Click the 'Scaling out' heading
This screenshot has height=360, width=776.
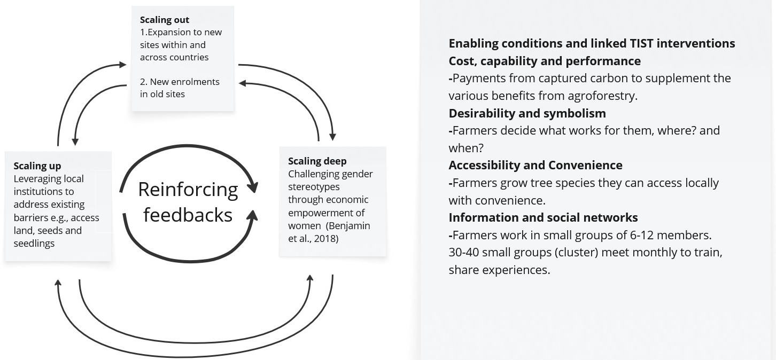click(x=165, y=20)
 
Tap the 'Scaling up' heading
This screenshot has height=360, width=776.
click(x=37, y=166)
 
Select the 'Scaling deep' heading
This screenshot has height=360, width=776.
click(x=317, y=161)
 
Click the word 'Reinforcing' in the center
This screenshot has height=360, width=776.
click(x=188, y=189)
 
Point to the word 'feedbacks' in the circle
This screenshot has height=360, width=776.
click(x=188, y=214)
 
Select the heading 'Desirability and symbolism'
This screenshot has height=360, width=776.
click(x=527, y=113)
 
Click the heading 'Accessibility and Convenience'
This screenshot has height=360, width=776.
click(x=536, y=165)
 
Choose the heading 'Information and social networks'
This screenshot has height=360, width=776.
click(x=543, y=217)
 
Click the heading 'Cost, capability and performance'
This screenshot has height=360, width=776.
click(x=545, y=61)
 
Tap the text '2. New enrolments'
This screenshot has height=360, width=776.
click(x=180, y=82)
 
